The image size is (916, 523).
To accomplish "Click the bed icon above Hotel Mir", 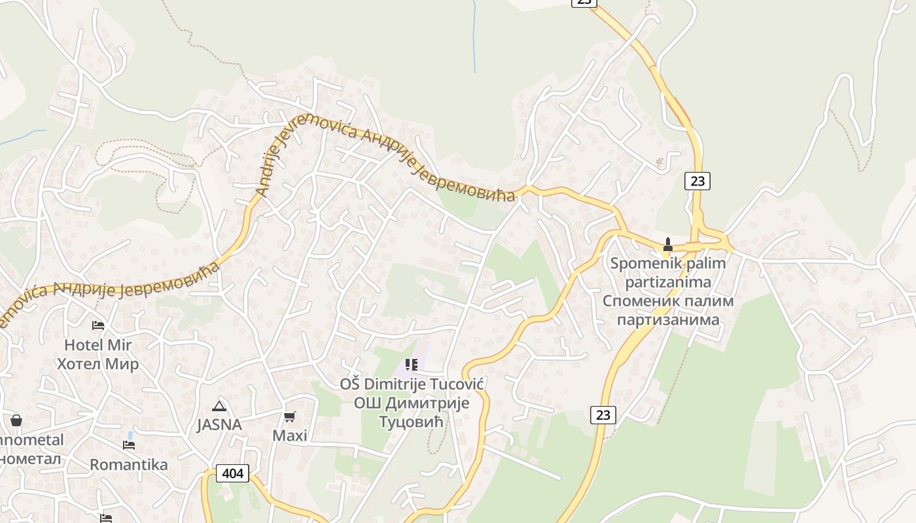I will tap(98, 325).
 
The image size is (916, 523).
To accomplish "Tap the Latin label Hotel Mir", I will tap(97, 345).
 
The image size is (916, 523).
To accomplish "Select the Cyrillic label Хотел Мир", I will tap(97, 364).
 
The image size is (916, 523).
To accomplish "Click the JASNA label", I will tap(219, 425).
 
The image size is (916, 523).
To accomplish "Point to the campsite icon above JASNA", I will tap(219, 406).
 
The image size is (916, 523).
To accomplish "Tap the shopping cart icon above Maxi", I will tap(290, 416).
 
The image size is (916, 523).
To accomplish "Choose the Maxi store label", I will tap(290, 435).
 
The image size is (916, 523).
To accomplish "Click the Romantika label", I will tap(128, 465).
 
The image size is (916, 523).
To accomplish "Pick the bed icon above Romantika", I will tap(129, 445).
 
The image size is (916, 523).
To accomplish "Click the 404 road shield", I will tap(233, 473).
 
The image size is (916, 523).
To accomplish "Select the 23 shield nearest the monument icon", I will tap(697, 181).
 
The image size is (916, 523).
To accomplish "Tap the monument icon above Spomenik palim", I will tap(668, 245).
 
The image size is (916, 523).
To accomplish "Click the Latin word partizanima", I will tap(668, 282).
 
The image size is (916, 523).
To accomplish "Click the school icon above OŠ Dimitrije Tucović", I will tap(411, 365).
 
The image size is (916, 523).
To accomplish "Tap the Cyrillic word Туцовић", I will tap(412, 422).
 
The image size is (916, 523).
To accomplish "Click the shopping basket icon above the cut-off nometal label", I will tap(16, 420).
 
